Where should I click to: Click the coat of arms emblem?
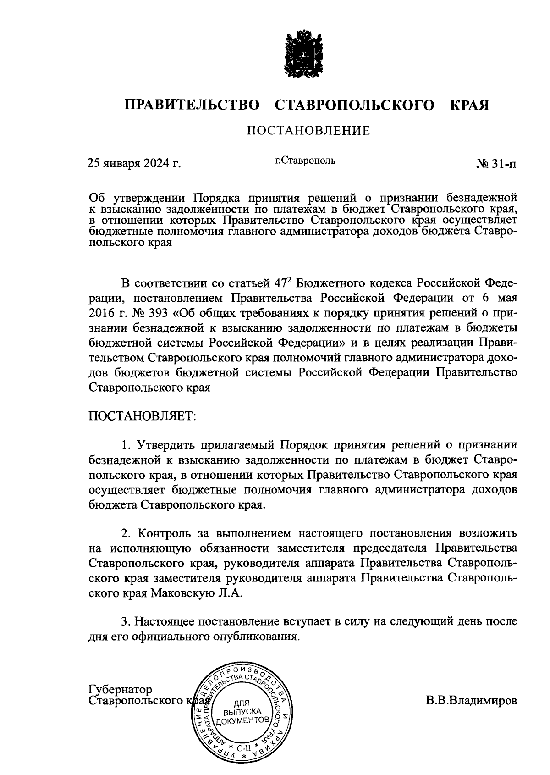coord(301,54)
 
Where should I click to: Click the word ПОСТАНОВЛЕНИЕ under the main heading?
coord(308,132)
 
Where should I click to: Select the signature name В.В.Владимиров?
coord(471,701)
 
